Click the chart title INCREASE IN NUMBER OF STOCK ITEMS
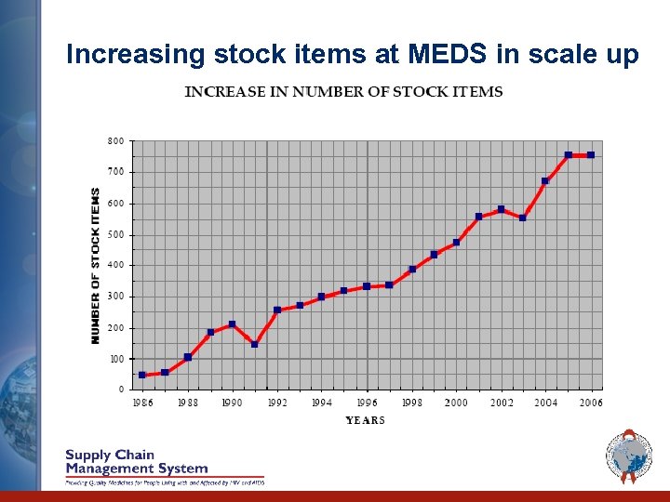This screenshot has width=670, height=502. coord(343,92)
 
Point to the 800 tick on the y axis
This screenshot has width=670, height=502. coord(115,141)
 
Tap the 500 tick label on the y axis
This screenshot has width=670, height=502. coord(115,234)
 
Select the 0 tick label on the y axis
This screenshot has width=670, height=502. coord(121,390)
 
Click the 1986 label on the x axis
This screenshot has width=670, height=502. coord(141,403)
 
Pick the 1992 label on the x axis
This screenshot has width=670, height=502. coord(276,403)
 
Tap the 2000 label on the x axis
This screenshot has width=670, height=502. coord(456,403)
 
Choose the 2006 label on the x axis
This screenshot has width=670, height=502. coord(591,403)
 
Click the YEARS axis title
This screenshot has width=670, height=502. coord(365,420)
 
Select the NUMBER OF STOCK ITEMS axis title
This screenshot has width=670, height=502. coord(96,266)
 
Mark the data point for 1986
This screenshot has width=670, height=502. coord(142,375)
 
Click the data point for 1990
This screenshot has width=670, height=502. coord(232,324)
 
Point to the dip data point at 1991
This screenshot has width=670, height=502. coord(254,344)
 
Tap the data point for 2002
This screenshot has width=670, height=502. coord(501,209)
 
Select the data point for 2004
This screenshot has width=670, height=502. coord(545,181)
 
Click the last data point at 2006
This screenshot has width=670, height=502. coord(591,155)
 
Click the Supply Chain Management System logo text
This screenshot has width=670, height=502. coord(136,462)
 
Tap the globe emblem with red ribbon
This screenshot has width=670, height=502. coord(629,456)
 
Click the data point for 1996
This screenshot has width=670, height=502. coord(367,286)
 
